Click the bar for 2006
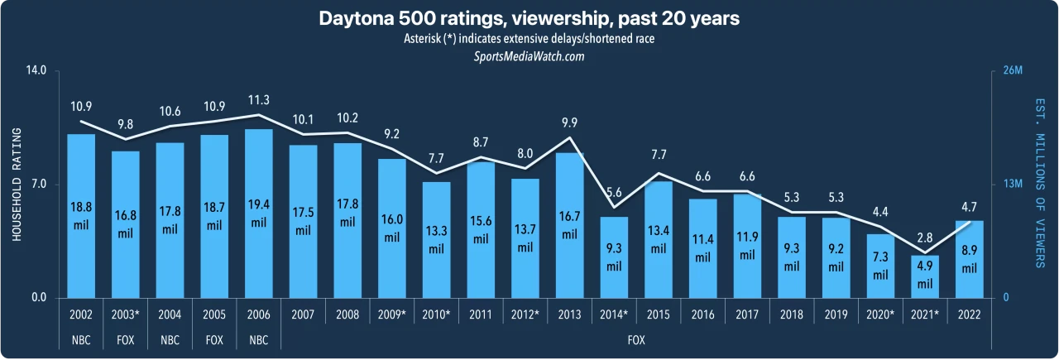[x=258, y=214]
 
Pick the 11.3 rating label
[x=258, y=100]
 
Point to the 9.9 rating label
[x=569, y=123]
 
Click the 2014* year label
[x=614, y=314]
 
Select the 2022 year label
[x=970, y=314]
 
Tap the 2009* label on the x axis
[x=391, y=314]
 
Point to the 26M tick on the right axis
[x=1013, y=71]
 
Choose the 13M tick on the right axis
[x=1013, y=185]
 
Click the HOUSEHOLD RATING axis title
[x=16, y=185]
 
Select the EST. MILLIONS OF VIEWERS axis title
[x=1040, y=185]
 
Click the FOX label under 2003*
[x=125, y=339]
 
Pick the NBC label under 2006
[x=258, y=339]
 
